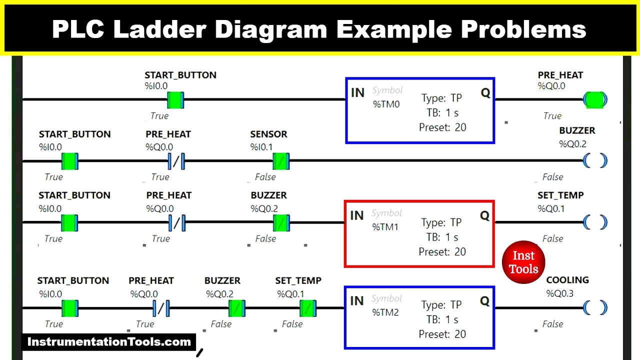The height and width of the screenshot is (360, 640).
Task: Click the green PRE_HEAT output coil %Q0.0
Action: [594, 99]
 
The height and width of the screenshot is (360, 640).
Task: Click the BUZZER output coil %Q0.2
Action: [595, 161]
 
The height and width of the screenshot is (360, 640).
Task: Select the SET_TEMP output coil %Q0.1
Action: [595, 222]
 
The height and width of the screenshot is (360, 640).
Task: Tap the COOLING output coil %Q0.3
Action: [595, 308]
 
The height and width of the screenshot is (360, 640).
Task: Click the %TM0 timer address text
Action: [386, 105]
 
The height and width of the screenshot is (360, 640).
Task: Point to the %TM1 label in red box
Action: [385, 227]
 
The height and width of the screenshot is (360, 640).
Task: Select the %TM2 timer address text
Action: [385, 312]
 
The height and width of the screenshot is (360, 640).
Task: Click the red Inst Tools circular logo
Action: [523, 262]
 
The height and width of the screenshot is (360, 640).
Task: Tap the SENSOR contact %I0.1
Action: [280, 161]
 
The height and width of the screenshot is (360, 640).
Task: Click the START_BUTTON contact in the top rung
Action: [175, 99]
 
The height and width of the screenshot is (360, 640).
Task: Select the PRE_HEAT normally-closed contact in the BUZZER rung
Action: [175, 161]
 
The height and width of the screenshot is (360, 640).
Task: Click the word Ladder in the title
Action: [160, 29]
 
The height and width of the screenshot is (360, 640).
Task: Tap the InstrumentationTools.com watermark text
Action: [109, 342]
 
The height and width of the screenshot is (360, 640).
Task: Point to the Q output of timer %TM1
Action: [484, 215]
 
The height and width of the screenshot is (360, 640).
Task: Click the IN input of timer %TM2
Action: [356, 300]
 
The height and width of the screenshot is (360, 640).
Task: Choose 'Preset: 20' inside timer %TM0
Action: [442, 127]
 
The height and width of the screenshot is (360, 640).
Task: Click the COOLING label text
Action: [567, 280]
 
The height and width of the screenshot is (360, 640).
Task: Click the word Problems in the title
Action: [523, 29]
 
